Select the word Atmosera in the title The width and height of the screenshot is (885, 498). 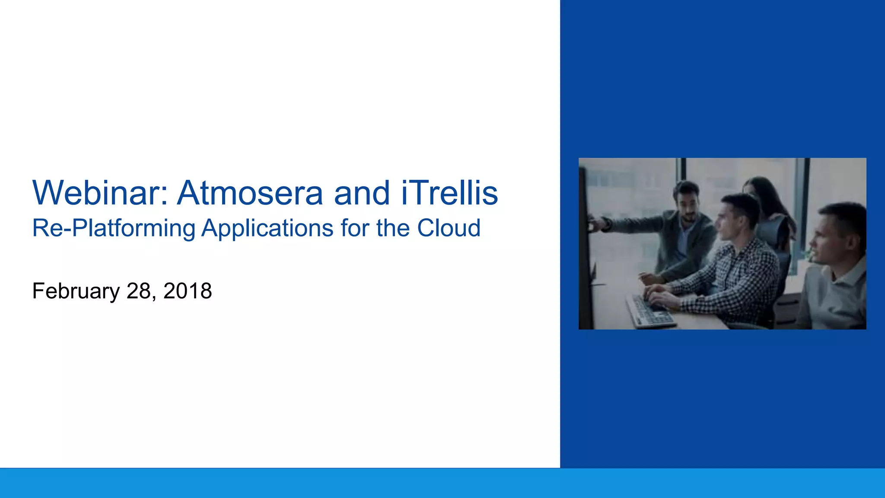[250, 193]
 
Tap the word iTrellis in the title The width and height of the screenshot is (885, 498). [449, 193]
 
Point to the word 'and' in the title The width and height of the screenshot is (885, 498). [362, 193]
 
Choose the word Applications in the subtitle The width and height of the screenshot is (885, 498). [267, 228]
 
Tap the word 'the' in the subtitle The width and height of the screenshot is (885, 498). [390, 228]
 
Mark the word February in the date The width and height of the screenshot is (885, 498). [76, 291]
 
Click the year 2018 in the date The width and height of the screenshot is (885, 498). [188, 291]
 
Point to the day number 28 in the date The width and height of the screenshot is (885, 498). [139, 291]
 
